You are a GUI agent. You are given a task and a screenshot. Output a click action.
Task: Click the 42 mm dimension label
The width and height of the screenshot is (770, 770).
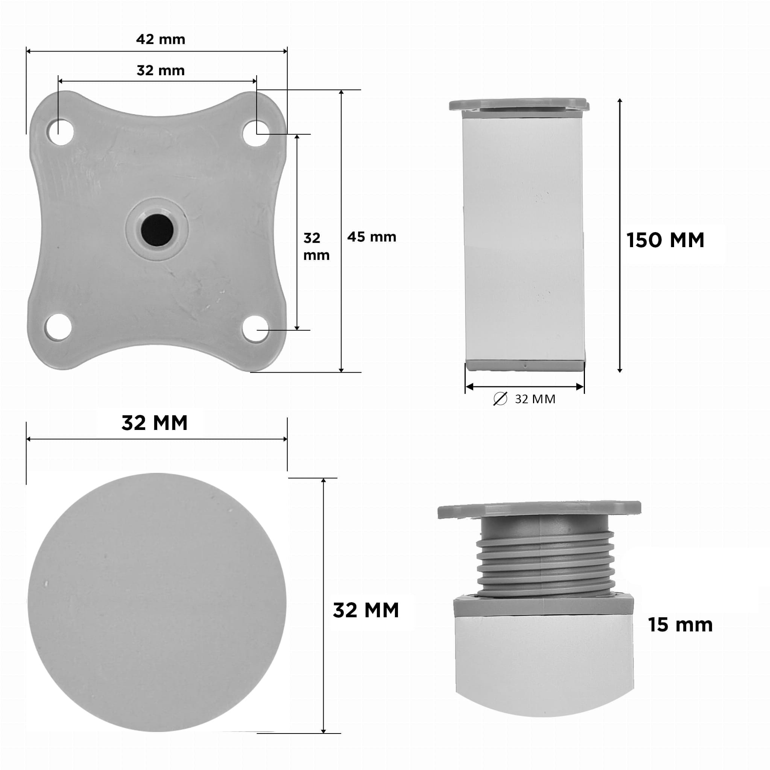tap(161, 39)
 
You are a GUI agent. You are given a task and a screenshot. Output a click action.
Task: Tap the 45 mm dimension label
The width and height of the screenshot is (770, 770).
tap(371, 237)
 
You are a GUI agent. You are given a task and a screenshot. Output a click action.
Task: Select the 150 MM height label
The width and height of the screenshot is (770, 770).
tap(665, 240)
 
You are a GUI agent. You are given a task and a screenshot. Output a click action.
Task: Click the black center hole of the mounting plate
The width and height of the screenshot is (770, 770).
tap(157, 230)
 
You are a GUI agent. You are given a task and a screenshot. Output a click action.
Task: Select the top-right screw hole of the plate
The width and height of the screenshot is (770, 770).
tap(256, 134)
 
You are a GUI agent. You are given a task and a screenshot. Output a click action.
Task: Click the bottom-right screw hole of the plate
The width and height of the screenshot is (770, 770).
tap(255, 329)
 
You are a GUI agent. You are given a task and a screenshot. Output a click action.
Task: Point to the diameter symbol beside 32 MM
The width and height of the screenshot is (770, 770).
tap(500, 399)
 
